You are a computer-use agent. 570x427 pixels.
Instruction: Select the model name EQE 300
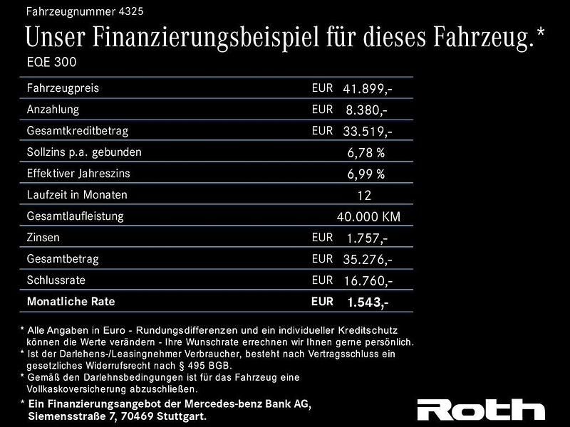pos(51,62)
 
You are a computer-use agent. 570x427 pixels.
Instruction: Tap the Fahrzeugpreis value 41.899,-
pos(368,89)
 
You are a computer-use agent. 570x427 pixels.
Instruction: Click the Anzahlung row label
pos(53,110)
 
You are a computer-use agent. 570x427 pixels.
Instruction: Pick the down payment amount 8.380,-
pos(366,110)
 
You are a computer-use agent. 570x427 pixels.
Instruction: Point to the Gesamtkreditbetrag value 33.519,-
pos(368,132)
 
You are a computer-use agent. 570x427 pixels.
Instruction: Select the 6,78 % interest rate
pos(366,152)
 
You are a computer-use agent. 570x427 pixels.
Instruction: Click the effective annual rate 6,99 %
pos(366,174)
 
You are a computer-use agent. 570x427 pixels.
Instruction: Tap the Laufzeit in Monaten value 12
pos(364,195)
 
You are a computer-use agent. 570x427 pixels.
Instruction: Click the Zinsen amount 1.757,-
pos(366,238)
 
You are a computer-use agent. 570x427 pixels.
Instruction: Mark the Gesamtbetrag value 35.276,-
pos(368,260)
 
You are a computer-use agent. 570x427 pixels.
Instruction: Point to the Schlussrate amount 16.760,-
pos(368,281)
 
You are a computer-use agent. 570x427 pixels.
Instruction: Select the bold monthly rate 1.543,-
pos(368,302)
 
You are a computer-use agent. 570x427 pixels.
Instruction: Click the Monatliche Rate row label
pos(71,302)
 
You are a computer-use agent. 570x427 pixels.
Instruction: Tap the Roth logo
pos(480,409)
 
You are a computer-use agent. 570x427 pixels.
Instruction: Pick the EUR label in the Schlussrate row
pos(322,280)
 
